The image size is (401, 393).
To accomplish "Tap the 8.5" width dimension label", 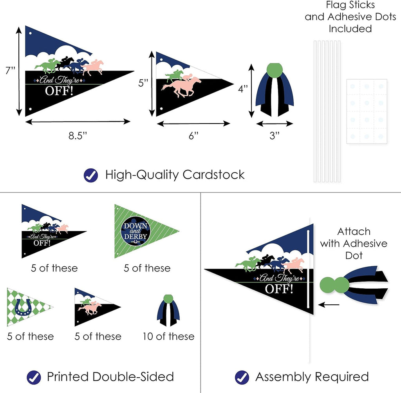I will click(78, 135).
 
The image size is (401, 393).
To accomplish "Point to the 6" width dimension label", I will click(194, 135).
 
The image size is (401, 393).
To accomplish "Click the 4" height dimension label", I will click(243, 89).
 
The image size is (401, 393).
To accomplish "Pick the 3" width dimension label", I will click(275, 135).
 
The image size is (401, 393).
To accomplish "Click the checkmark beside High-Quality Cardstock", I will click(91, 175).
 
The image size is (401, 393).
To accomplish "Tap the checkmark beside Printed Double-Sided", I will click(34, 377).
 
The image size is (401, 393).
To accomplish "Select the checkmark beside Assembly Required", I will click(242, 377).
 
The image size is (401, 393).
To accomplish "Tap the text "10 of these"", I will click(168, 337).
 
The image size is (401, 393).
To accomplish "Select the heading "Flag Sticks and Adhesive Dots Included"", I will click(350, 17).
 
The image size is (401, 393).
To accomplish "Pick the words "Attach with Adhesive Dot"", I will click(354, 243).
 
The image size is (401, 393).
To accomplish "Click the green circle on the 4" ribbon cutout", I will click(274, 71).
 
